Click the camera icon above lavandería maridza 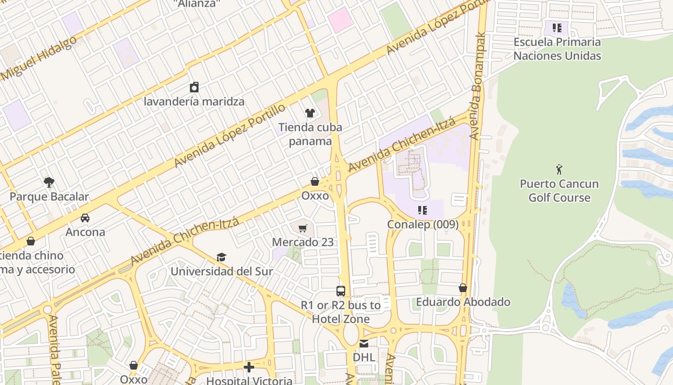tap(194, 87)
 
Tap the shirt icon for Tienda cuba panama tap(310, 113)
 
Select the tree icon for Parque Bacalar tap(49, 182)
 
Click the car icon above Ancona tap(85, 218)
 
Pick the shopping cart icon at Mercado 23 tap(302, 228)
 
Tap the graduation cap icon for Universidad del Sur tap(221, 257)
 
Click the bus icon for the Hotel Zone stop tap(341, 291)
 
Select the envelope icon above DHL tap(364, 344)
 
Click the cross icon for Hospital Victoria tap(249, 368)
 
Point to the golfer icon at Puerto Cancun tap(559, 169)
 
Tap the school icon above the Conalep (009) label tap(423, 210)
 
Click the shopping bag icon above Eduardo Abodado tap(463, 288)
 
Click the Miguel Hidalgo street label tap(38, 59)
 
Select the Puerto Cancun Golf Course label tap(559, 191)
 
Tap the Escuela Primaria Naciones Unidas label tap(557, 49)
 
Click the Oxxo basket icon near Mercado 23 tap(315, 181)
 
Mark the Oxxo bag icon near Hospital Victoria tap(134, 366)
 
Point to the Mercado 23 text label tap(302, 242)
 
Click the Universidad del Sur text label tap(222, 271)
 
